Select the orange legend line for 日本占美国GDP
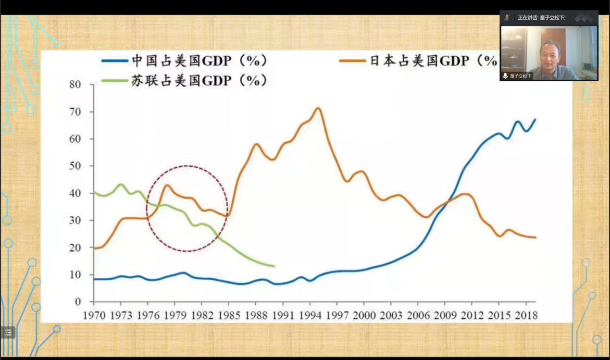coord(352,61)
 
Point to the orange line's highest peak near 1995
coord(318,108)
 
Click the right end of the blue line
coord(535,120)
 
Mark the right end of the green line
coord(274,266)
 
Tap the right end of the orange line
coord(535,237)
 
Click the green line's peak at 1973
coord(121,184)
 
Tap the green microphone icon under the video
coord(505,76)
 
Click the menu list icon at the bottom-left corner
coord(8,332)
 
